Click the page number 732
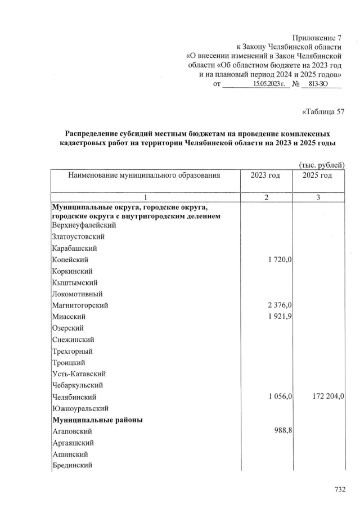339,489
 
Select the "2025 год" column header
317,175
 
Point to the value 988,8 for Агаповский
278,431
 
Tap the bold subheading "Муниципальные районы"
97,420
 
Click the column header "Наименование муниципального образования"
143,175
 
